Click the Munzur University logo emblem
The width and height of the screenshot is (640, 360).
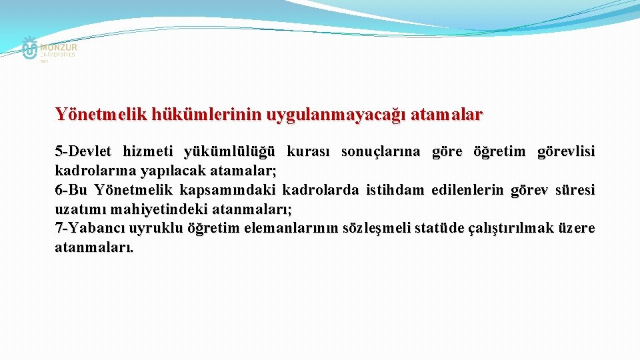coord(29,49)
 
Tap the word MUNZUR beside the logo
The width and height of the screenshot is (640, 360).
coord(59,47)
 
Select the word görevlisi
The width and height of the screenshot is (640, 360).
coord(566,151)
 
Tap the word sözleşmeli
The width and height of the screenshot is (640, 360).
coord(376,229)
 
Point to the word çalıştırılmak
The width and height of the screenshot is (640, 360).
coord(497,229)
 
